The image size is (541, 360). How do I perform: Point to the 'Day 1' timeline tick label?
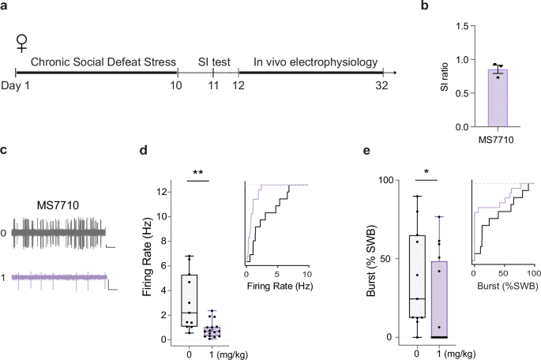coord(15,84)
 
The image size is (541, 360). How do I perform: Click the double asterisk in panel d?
coord(199,171)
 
